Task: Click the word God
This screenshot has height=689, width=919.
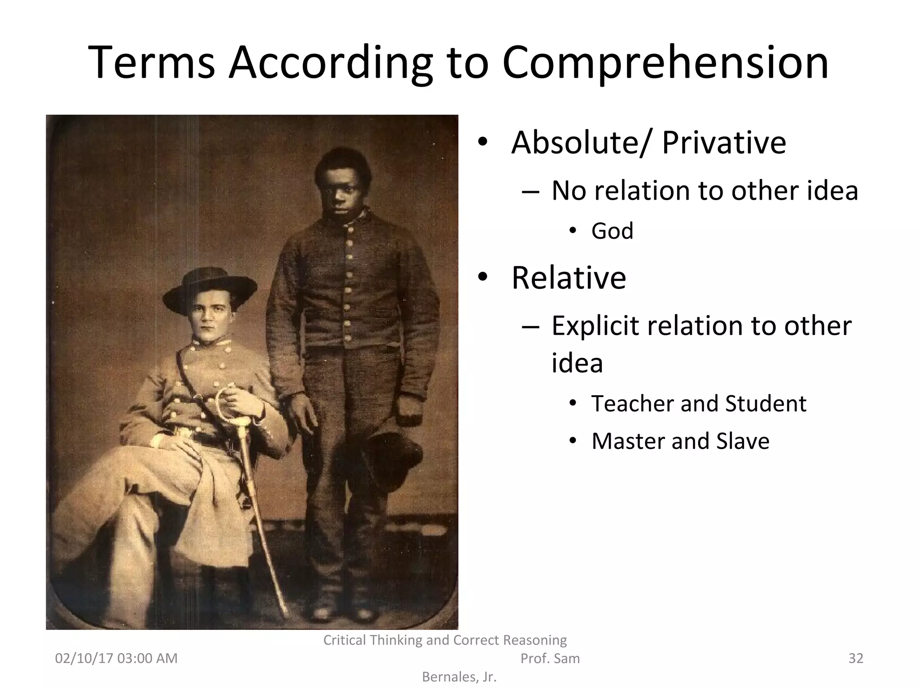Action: click(x=612, y=231)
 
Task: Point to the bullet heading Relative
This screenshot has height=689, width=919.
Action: click(x=569, y=278)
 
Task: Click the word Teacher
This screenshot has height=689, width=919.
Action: click(x=632, y=403)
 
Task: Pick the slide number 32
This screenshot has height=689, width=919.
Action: click(x=856, y=658)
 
